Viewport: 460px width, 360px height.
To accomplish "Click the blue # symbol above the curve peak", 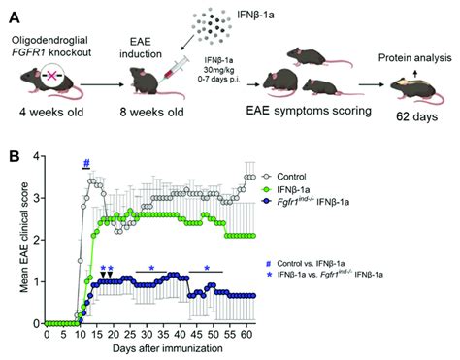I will click(x=86, y=162).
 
